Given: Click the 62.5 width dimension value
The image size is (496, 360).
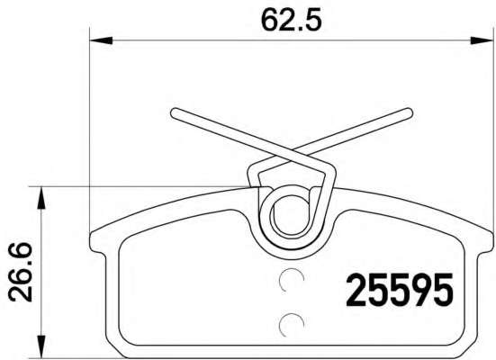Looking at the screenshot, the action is pos(292,21).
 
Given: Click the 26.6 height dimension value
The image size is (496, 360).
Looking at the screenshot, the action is pos(21,272).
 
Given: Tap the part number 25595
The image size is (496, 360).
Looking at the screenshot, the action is pos(400,290).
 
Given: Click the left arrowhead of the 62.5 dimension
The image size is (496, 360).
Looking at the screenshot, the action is pos(101,40).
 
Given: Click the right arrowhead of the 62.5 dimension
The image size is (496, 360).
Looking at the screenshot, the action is pos(482,40).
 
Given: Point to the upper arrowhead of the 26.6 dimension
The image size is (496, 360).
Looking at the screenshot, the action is pos(41,198).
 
